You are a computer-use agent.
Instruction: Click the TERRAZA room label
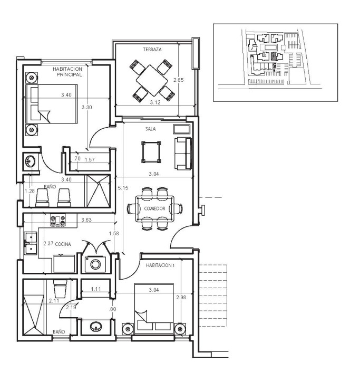(152, 50)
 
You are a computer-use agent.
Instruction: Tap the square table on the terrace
(152, 81)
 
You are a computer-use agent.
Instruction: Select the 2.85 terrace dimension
(178, 80)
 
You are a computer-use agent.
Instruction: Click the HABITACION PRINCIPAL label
(67, 72)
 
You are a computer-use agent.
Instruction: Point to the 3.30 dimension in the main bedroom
(87, 107)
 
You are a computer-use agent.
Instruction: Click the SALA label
(151, 129)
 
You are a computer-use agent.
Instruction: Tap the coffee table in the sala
(151, 152)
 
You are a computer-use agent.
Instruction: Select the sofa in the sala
(183, 154)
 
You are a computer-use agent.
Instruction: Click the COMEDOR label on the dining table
(154, 208)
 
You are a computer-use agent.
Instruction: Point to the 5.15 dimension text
(123, 188)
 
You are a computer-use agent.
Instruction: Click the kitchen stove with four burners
(58, 220)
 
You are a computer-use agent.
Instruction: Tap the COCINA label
(63, 244)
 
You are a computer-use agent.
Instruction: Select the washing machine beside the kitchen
(95, 264)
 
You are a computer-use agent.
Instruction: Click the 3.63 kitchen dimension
(86, 220)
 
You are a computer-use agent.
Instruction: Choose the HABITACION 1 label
(160, 265)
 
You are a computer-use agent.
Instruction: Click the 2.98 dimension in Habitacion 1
(181, 297)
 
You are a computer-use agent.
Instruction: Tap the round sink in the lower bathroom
(96, 327)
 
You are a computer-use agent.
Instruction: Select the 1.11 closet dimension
(96, 289)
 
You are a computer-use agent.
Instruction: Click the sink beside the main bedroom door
(31, 161)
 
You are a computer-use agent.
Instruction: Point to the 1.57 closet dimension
(90, 160)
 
